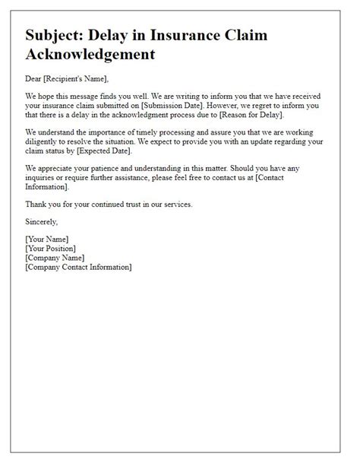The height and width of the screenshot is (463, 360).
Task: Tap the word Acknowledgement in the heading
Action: pos(90,54)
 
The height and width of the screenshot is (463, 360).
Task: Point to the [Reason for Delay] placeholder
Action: pos(245,115)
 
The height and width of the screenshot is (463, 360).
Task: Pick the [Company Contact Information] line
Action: pos(78,268)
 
